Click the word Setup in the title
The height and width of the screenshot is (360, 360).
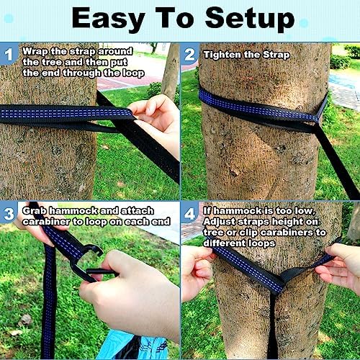coord(248,19)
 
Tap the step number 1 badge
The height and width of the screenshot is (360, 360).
coord(9,53)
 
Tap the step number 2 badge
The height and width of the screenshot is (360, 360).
coord(189,53)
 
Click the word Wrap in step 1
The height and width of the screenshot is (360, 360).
coord(35,51)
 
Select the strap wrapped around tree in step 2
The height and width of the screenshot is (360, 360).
coord(259,108)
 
